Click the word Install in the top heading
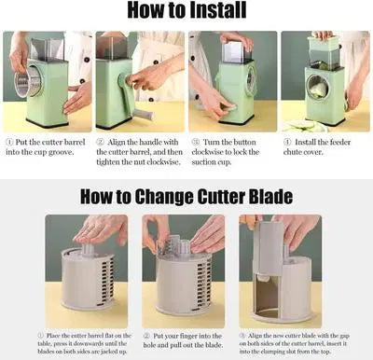point(217,12)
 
